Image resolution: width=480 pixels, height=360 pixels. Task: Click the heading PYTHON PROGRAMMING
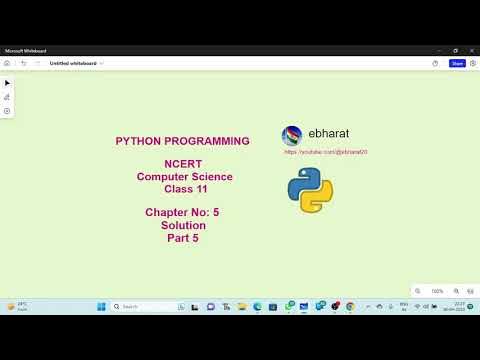pyautogui.click(x=183, y=141)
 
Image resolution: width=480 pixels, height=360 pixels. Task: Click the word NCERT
pyautogui.click(x=183, y=163)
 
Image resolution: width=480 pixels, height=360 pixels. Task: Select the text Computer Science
pyautogui.click(x=184, y=176)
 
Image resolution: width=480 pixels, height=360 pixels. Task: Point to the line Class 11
pyautogui.click(x=184, y=188)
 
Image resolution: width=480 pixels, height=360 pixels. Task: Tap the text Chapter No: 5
pyautogui.click(x=183, y=212)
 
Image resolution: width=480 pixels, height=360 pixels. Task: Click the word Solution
pyautogui.click(x=183, y=225)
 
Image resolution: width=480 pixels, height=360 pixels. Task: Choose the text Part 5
pyautogui.click(x=183, y=238)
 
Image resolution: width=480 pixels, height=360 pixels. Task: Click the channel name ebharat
pyautogui.click(x=328, y=133)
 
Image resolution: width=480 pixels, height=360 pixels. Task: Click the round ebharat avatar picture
pyautogui.click(x=292, y=135)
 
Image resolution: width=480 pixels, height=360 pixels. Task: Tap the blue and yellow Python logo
pyautogui.click(x=310, y=189)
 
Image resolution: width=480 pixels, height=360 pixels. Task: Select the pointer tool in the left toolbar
pyautogui.click(x=7, y=83)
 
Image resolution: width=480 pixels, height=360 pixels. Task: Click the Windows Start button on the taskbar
pyautogui.click(x=101, y=306)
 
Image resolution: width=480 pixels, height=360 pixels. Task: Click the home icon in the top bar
pyautogui.click(x=7, y=63)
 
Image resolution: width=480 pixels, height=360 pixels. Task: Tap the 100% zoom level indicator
pyautogui.click(x=437, y=291)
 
